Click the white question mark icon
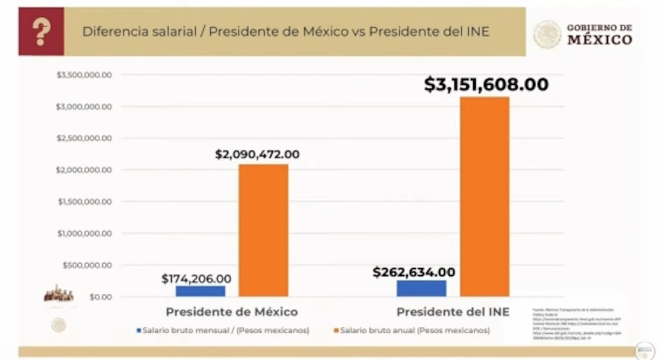[41, 31]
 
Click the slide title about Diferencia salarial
[285, 31]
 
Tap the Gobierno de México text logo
[599, 35]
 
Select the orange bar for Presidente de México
[263, 231]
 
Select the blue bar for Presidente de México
[200, 291]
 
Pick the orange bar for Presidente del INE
[484, 197]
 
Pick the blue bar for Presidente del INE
[422, 288]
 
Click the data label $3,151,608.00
[486, 85]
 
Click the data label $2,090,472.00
[257, 154]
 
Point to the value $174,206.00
[196, 279]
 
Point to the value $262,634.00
[414, 272]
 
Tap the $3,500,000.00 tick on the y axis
[84, 75]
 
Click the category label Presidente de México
[231, 312]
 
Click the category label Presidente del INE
[452, 312]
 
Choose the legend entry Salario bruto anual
[414, 330]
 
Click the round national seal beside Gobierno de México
[547, 35]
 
